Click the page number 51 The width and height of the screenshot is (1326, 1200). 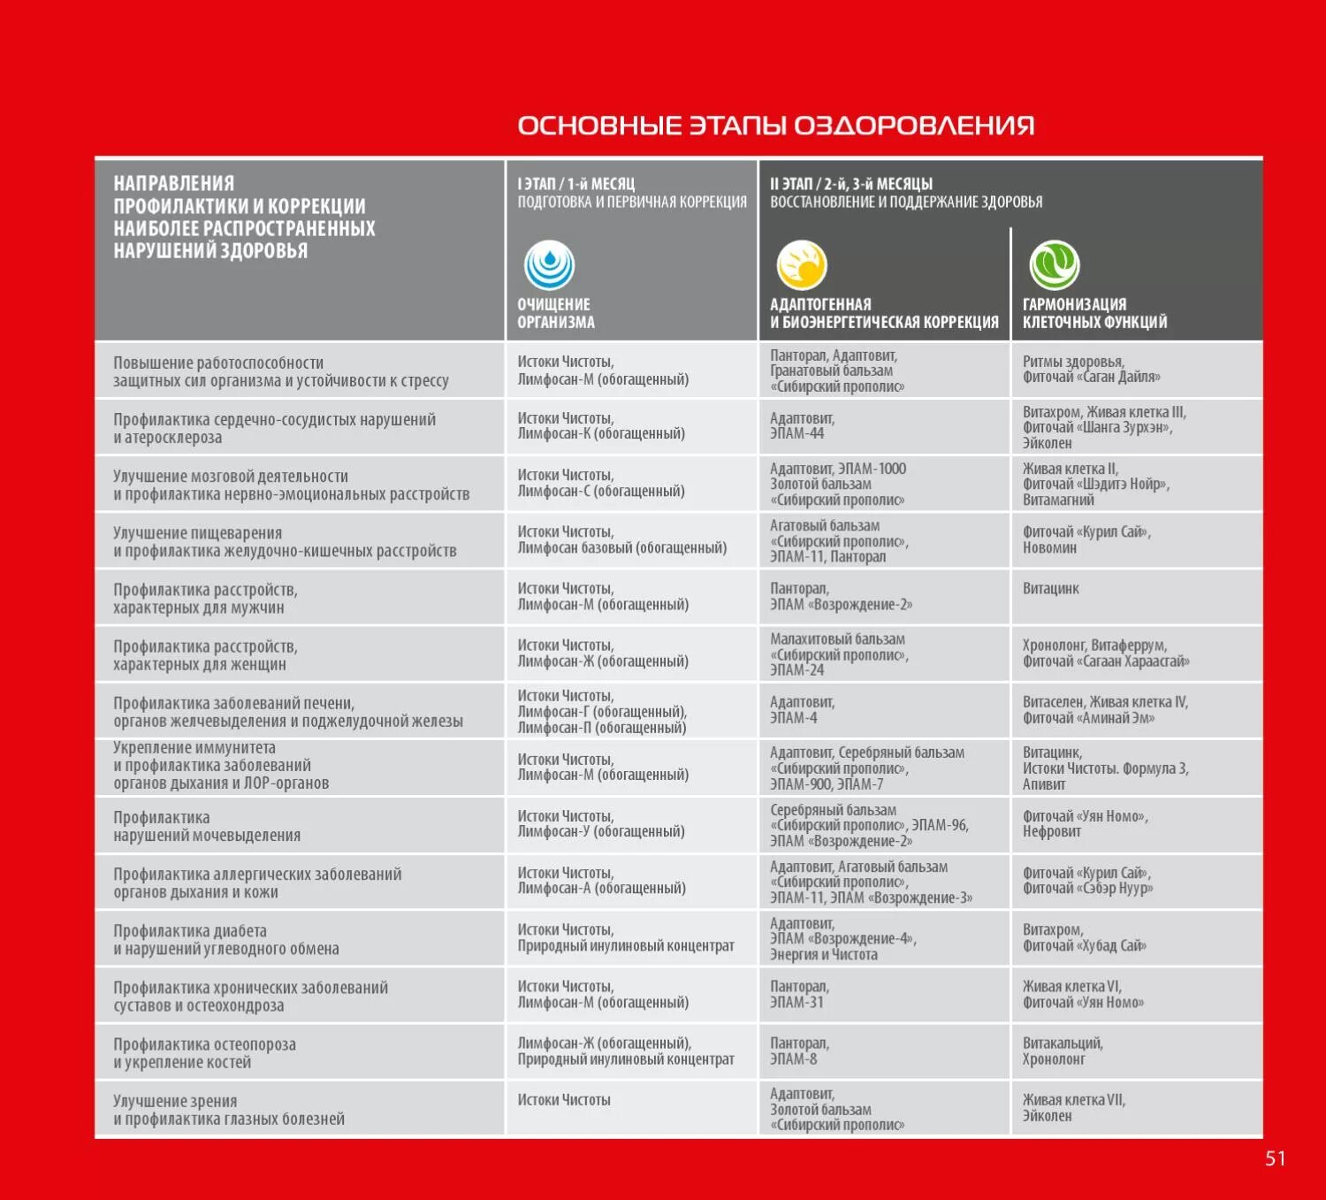pos(1275,1158)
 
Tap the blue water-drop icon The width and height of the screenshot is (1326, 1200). pos(550,265)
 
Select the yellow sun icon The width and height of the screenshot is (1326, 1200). pos(802,265)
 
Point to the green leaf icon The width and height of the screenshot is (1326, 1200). pos(1054,265)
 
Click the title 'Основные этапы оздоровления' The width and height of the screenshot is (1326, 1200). pos(775,126)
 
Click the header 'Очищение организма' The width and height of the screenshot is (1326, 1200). pos(556,313)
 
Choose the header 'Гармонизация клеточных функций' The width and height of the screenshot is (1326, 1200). pos(1094,313)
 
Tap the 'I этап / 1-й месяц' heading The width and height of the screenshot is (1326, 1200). pos(576,184)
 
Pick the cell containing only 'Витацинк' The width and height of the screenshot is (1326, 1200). pos(1051,589)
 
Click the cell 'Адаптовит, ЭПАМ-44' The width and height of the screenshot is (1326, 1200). pos(802,426)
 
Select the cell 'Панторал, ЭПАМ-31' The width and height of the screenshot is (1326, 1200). pos(799,994)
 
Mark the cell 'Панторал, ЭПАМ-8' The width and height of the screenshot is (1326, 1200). pos(799,1051)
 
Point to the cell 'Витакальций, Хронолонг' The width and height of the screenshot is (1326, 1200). pos(1063,1051)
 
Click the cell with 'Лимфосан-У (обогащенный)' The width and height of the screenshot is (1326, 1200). pos(601,824)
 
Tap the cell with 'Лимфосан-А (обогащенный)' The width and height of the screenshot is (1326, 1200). pos(601,881)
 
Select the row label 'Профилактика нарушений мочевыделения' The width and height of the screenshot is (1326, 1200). pos(207,826)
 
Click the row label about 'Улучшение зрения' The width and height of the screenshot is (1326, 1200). pos(228,1110)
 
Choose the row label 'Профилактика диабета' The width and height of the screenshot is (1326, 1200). pos(225,939)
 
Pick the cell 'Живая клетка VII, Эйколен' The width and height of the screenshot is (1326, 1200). pos(1073,1108)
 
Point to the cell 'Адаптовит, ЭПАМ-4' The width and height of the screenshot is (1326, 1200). pos(802,710)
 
